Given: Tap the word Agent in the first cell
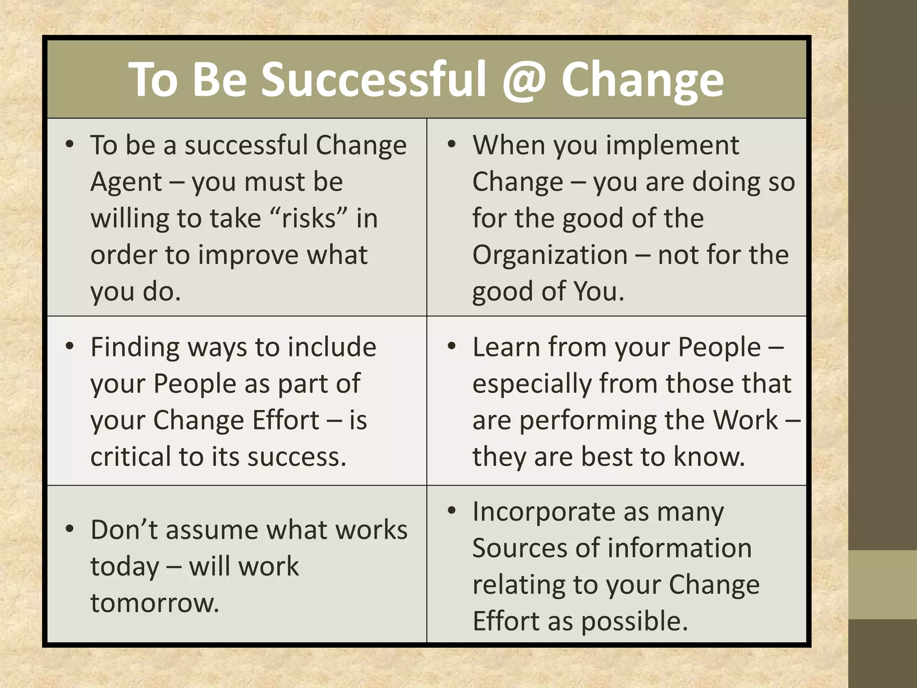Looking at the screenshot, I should click(x=126, y=182).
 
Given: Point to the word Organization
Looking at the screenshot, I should click(x=550, y=255).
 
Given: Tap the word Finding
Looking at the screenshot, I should click(x=134, y=348).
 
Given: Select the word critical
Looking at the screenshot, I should click(x=130, y=457).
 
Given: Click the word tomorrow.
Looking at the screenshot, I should click(x=154, y=603).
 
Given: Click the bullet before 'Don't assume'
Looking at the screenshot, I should click(x=69, y=529).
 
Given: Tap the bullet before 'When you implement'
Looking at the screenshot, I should click(x=451, y=144).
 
